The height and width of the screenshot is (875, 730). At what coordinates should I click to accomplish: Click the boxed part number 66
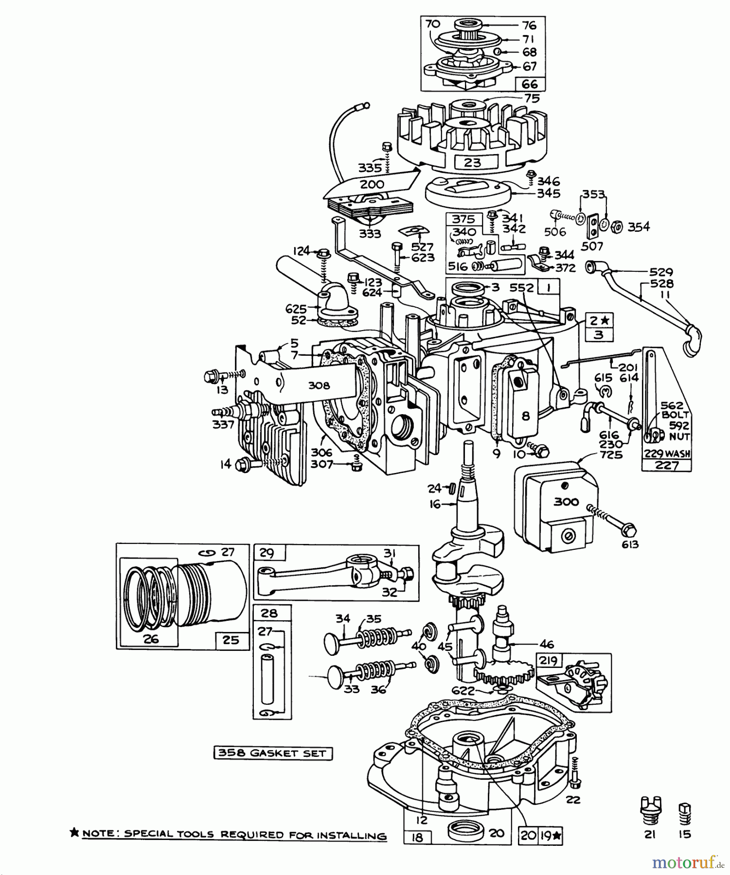coord(530,84)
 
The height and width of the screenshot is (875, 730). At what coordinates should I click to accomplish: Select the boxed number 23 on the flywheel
coord(472,162)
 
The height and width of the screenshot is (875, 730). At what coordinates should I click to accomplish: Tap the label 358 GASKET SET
coord(273,753)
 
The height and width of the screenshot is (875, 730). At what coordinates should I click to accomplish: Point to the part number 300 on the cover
coord(567,502)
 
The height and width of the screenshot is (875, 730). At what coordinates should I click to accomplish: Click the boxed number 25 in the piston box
coord(231,640)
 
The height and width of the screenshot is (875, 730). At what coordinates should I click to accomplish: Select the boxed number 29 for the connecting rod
coord(267,553)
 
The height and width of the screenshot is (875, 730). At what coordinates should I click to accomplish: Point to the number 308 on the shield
coord(319,385)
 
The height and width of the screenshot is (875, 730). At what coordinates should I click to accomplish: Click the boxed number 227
coord(667,465)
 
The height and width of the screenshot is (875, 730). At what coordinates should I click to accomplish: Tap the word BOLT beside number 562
coord(675,415)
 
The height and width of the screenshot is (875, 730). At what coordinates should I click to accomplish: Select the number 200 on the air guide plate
coord(372,184)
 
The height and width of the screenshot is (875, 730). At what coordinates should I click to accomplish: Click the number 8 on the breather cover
coord(526,416)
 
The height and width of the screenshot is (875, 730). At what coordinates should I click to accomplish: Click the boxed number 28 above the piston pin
coord(269,613)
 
